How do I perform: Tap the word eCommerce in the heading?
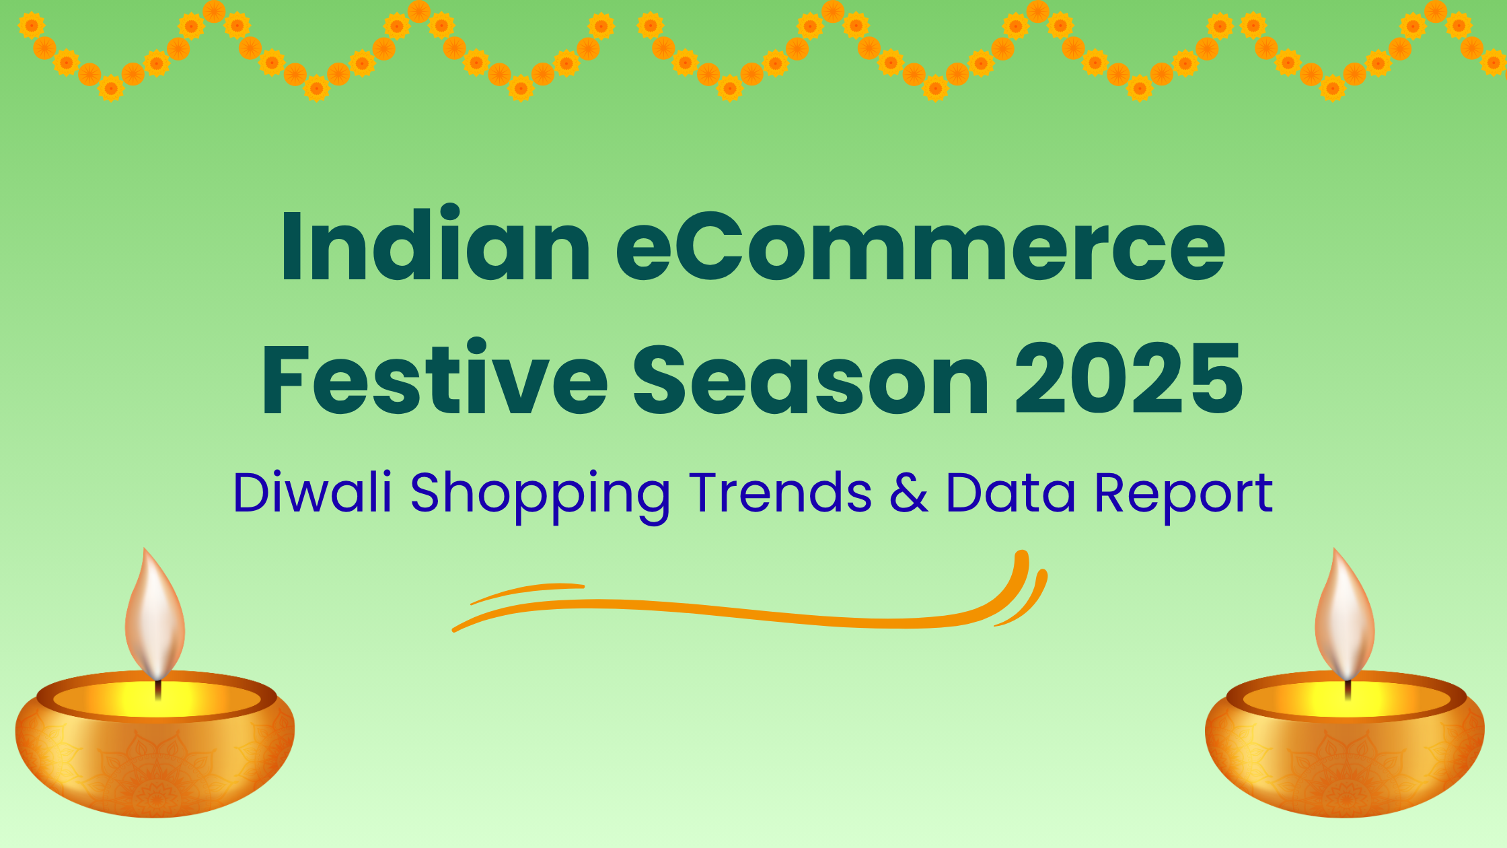tap(920, 246)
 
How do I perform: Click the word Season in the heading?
tap(811, 380)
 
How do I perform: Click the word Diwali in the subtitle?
tap(312, 493)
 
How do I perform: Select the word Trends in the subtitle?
tap(780, 493)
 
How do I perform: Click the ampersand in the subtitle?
tap(908, 493)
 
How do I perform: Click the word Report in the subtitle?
tap(1183, 495)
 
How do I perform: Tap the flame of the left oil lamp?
tap(155, 616)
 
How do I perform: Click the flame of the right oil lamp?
tap(1345, 616)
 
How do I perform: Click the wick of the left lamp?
tap(158, 690)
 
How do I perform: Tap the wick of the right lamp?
tap(1348, 690)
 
